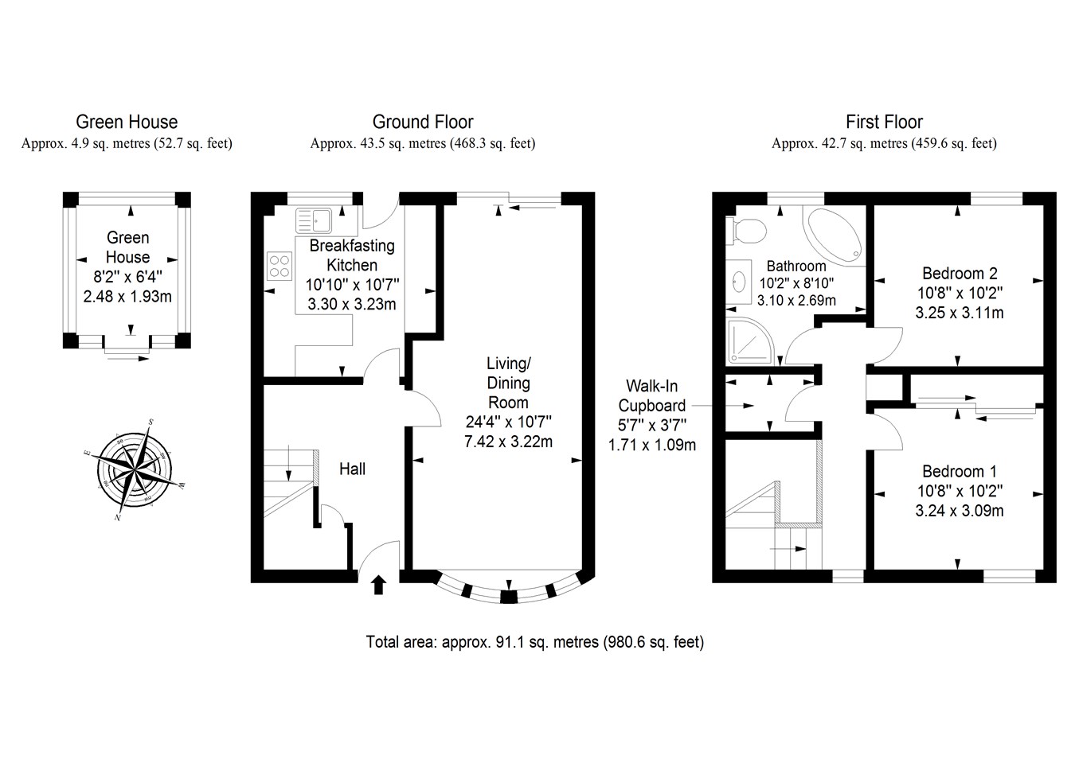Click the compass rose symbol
point(135,469)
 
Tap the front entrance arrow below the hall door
point(379,586)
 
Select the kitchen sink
point(314,220)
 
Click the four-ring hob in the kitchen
point(279,266)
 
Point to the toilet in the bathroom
point(746,231)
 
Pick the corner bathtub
point(834,236)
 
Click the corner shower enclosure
point(750,341)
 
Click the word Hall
point(352,469)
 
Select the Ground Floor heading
point(423,122)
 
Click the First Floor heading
point(884,122)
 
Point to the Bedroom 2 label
point(960,274)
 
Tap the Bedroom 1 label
point(960,471)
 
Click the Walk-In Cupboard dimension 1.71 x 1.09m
point(652,445)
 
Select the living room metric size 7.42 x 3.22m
point(508,441)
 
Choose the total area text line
point(535,641)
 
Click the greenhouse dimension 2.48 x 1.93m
point(127,297)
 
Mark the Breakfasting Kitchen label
point(352,255)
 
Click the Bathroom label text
point(796,266)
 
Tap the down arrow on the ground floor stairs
point(288,463)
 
